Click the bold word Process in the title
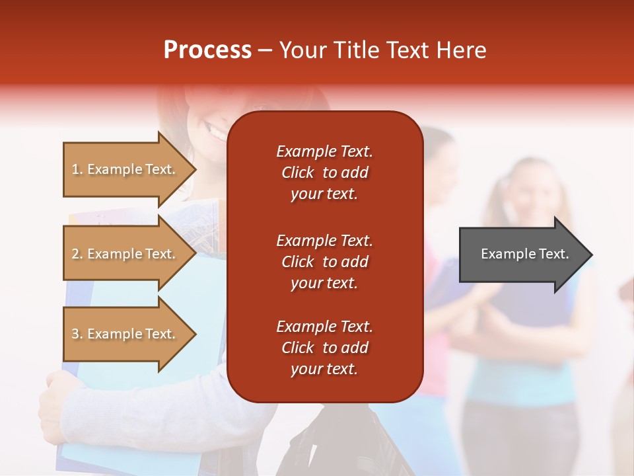point(207,50)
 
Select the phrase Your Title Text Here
point(382,50)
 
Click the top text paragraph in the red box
point(324,173)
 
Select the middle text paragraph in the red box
point(324,261)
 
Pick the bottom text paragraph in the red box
point(324,348)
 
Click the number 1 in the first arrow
point(75,169)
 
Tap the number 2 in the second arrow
point(75,254)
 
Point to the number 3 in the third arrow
point(75,334)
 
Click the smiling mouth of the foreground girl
point(217,132)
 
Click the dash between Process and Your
point(265,51)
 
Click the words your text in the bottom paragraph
point(324,369)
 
